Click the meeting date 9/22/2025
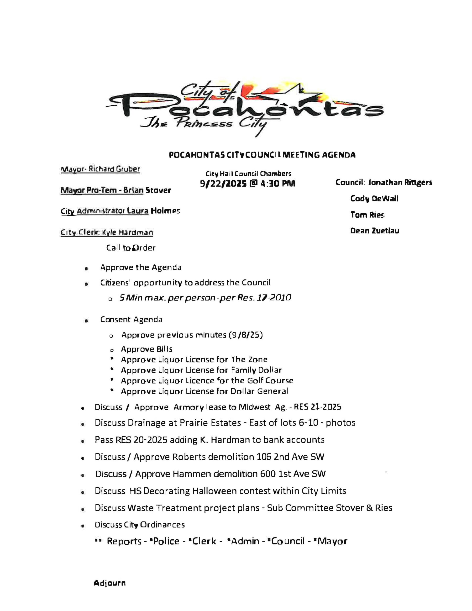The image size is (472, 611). tap(223, 184)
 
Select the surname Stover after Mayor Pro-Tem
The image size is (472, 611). tap(158, 190)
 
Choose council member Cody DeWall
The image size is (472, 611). tap(374, 199)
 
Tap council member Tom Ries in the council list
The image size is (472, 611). tap(367, 215)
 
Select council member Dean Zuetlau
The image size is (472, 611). tap(374, 231)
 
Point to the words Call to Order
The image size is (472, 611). tap(131, 248)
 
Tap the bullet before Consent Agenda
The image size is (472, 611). tap(86, 321)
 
